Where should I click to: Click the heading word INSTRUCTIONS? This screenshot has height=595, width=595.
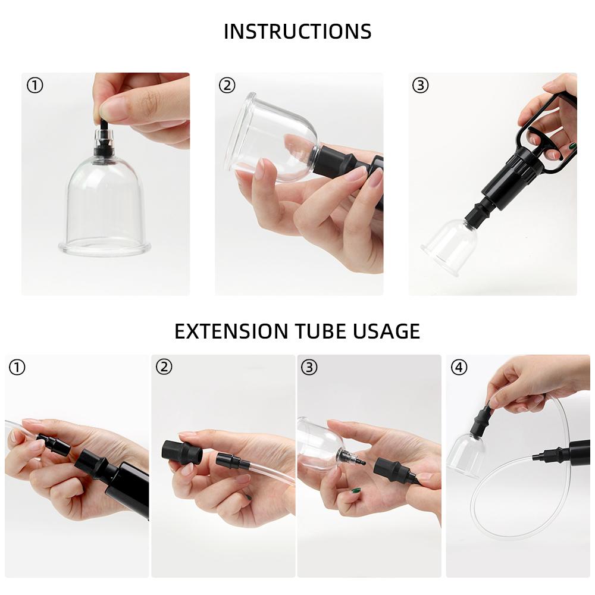(x=297, y=31)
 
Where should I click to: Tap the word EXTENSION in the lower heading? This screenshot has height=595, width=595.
(x=231, y=331)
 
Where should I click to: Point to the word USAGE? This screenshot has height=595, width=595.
(x=386, y=331)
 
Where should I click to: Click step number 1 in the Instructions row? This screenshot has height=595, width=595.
(x=35, y=85)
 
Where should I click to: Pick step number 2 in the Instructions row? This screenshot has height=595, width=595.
(x=227, y=85)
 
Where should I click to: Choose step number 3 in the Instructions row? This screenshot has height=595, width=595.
(x=421, y=85)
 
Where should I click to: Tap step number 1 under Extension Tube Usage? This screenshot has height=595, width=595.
(x=17, y=367)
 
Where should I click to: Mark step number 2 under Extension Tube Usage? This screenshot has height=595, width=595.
(x=164, y=367)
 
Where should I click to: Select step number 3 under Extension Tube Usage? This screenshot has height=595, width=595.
(x=309, y=367)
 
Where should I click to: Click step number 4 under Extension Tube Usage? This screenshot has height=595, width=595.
(x=459, y=367)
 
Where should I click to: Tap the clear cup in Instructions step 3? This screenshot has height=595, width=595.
(x=450, y=246)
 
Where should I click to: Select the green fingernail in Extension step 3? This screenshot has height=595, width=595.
(x=356, y=490)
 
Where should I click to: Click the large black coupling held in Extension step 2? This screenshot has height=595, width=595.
(x=182, y=452)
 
